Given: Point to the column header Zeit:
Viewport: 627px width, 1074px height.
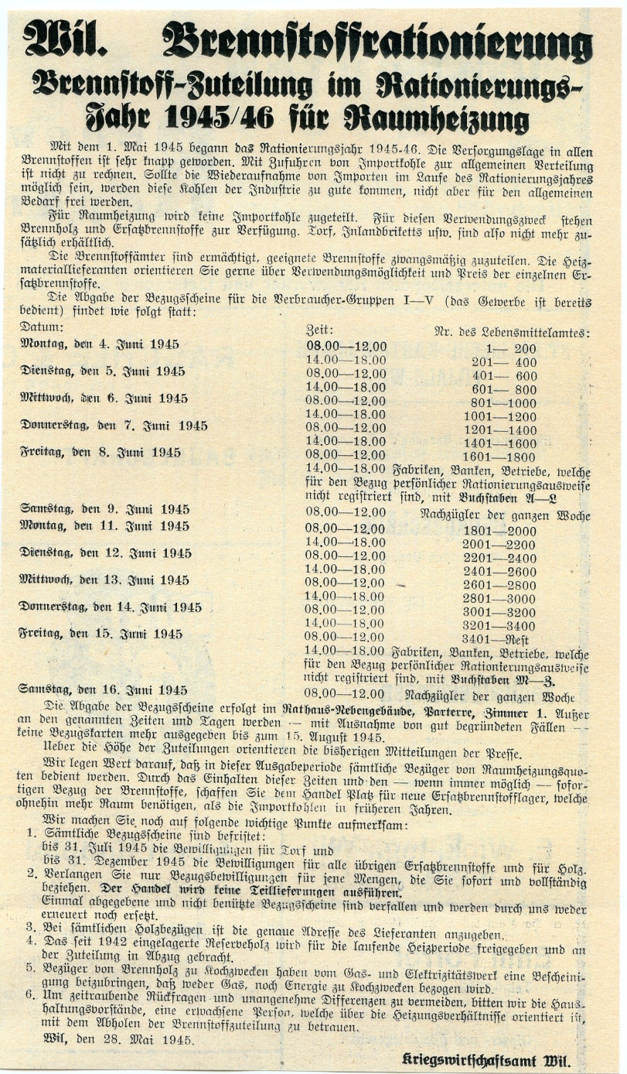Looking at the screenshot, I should coord(321,330).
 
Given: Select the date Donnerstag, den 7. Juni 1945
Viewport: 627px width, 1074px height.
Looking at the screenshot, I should coord(114,426).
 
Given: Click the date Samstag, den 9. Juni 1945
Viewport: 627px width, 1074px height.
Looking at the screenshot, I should coord(104,508).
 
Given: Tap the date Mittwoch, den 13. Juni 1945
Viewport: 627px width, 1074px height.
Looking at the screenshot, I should coord(104,580).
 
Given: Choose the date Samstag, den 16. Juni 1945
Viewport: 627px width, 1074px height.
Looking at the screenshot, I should coord(104,689).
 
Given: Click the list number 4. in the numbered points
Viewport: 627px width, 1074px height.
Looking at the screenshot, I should coord(31,942).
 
